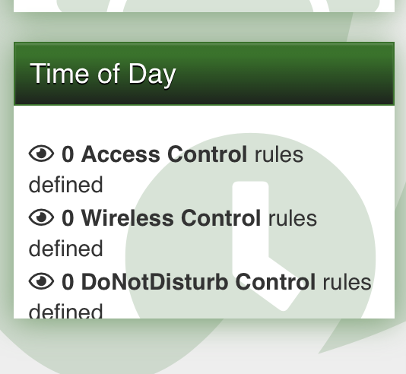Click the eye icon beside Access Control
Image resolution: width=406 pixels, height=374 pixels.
coord(41,154)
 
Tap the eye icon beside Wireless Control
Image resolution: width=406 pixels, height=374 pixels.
coord(41,218)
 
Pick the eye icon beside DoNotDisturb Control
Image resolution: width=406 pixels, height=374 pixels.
coord(41,282)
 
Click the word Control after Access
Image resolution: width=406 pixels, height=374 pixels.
coord(207,154)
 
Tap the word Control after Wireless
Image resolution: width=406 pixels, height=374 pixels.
coord(220,218)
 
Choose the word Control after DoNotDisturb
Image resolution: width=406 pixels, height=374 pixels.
coord(275,282)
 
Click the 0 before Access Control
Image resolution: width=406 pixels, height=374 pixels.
coord(68,154)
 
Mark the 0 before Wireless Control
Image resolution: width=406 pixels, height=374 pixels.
coord(68,218)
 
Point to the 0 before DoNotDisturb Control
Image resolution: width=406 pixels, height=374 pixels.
coord(68,282)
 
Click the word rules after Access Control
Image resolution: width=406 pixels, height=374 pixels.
coord(278,154)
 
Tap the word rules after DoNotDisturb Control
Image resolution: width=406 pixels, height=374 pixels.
coord(347,282)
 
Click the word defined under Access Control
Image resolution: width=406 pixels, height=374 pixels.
coord(65,185)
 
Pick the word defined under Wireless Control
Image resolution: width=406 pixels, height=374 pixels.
coord(65,249)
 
